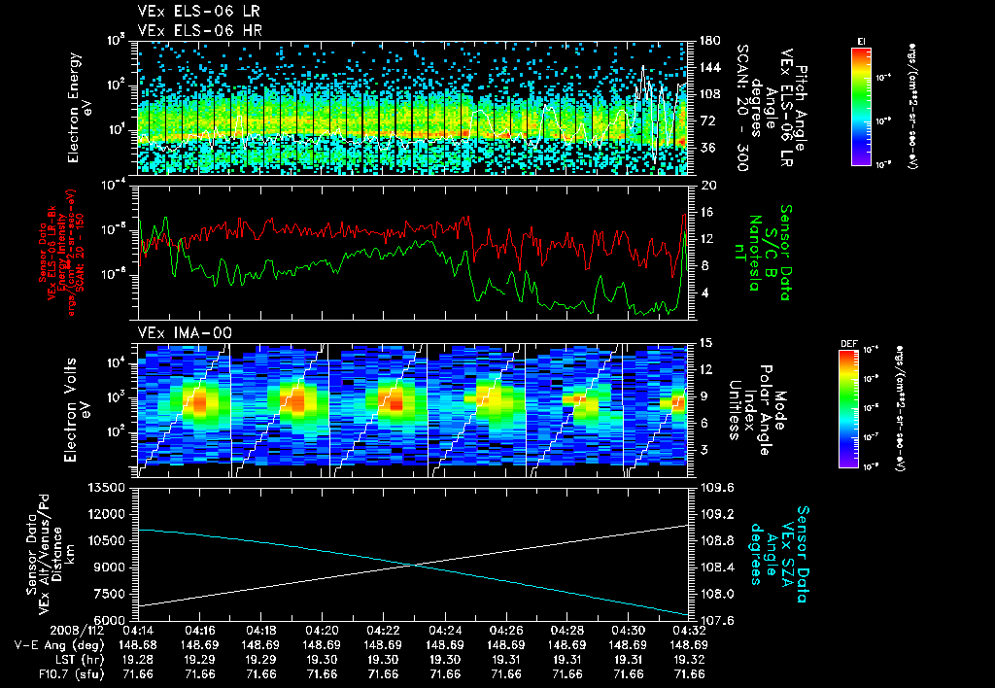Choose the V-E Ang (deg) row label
coord(53,644)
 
